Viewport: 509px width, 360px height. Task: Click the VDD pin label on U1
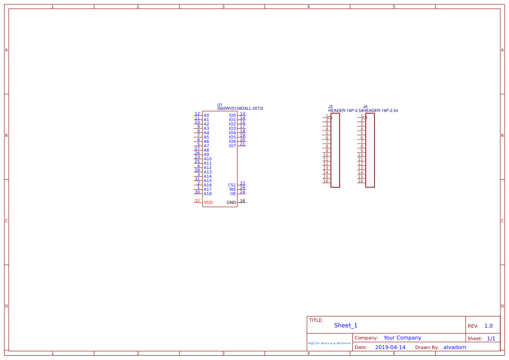[208, 202]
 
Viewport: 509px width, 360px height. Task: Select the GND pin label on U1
[231, 202]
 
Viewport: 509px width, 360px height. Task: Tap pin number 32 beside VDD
[197, 201]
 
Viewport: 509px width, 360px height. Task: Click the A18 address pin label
[208, 194]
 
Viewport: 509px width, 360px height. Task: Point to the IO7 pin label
[233, 146]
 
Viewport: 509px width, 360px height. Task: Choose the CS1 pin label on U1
[232, 185]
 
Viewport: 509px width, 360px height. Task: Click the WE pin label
[233, 189]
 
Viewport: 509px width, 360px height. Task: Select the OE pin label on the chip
[233, 194]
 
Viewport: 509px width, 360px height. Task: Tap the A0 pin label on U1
[206, 115]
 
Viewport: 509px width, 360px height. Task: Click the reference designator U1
[220, 105]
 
